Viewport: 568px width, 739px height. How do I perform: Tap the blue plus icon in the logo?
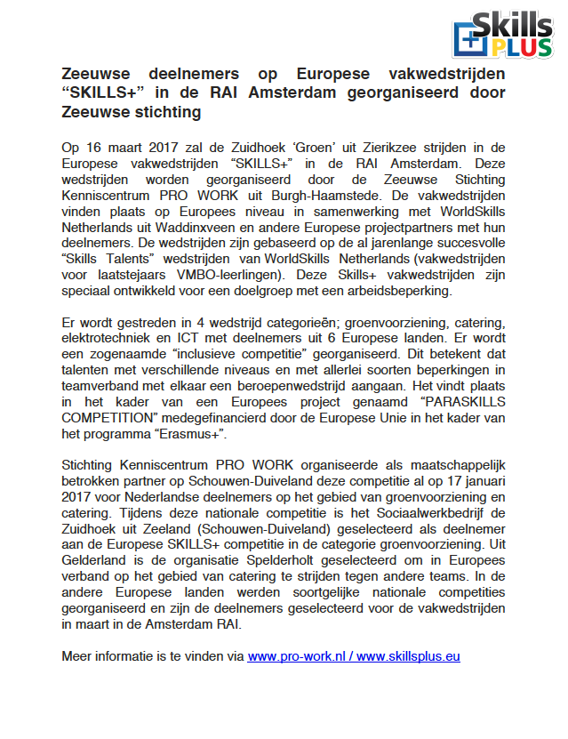[x=468, y=40]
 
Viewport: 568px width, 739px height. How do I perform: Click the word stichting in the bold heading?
[x=167, y=112]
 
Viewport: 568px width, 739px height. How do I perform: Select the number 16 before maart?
[x=98, y=147]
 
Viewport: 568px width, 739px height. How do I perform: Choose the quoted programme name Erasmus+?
[x=198, y=435]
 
